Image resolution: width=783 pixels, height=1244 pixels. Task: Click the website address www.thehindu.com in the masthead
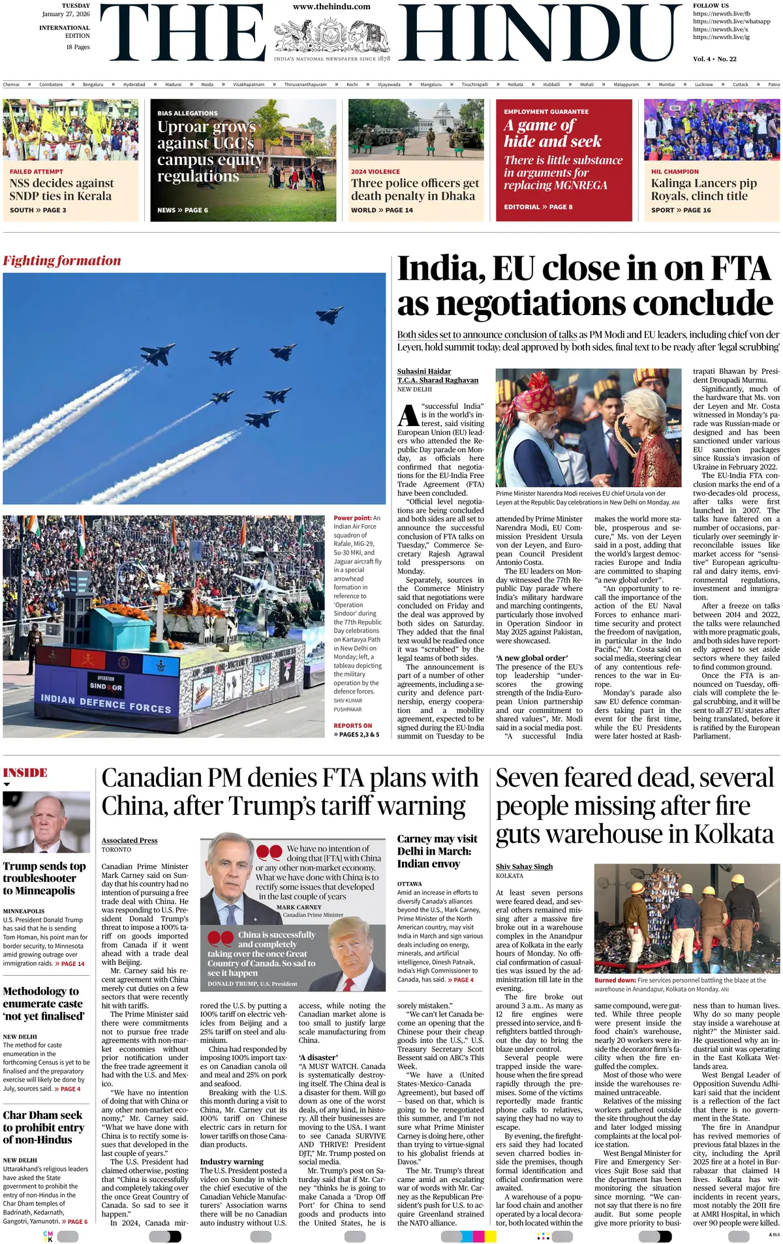pos(331,7)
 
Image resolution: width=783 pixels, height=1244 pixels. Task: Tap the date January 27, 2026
pos(66,14)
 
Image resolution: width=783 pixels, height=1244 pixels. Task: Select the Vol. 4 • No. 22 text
pos(714,59)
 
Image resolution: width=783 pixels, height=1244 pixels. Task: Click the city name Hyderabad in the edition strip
pos(134,84)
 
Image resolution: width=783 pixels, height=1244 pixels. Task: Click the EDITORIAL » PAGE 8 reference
pos(538,207)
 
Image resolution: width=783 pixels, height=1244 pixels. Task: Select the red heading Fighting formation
pos(62,261)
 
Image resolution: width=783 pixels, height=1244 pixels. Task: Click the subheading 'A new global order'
pos(532,658)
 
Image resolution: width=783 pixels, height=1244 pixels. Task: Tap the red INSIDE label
pos(25,773)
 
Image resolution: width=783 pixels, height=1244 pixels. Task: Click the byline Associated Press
pos(129,840)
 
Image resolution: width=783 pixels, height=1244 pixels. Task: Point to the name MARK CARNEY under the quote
pos(299,907)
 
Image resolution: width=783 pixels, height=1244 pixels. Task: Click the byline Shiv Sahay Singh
pos(524,866)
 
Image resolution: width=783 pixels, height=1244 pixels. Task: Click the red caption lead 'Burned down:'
pos(615,980)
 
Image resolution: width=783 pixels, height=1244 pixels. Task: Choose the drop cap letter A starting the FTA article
pos(408,416)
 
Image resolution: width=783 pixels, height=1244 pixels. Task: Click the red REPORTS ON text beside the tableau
pos(352,725)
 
